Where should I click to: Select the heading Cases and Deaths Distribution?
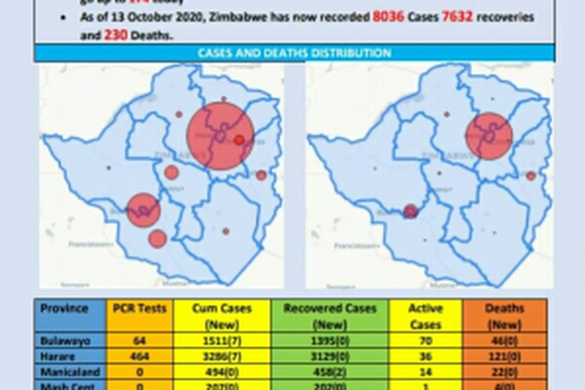(294, 53)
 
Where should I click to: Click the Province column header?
(64, 309)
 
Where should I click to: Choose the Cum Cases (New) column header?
(222, 316)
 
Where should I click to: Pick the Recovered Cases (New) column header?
(330, 316)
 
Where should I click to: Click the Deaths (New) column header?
(504, 316)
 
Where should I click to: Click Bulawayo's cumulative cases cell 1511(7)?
(222, 341)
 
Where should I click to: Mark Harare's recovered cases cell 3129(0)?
(330, 356)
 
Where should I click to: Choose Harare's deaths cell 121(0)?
(504, 356)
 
